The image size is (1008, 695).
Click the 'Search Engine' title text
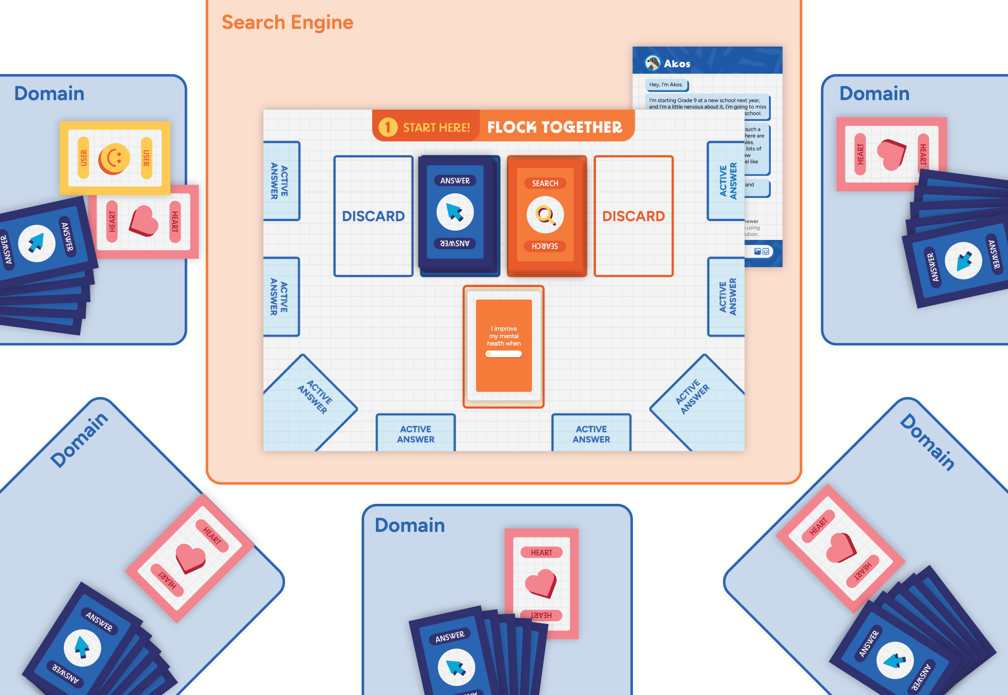tap(287, 23)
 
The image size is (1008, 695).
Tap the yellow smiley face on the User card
tap(114, 159)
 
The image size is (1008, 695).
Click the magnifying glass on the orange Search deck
tap(545, 215)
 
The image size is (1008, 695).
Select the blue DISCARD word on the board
tap(373, 216)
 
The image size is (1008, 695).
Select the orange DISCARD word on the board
tap(633, 216)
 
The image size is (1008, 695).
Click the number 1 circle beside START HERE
tap(388, 127)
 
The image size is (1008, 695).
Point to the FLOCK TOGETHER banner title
tap(554, 127)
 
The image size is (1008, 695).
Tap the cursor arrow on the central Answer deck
tap(455, 212)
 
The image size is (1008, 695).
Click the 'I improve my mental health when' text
tap(504, 336)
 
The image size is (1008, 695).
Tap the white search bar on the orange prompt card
tap(504, 354)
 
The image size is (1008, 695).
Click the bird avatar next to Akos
tap(652, 63)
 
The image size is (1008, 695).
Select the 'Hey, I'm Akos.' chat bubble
tap(666, 84)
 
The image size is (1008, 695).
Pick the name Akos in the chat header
tap(677, 63)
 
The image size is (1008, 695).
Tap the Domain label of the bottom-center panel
tap(409, 525)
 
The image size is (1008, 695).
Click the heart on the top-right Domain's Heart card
tap(891, 154)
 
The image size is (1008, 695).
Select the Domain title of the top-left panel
tap(49, 94)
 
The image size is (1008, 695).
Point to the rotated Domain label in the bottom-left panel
tap(79, 440)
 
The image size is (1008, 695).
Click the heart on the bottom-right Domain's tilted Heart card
tap(841, 548)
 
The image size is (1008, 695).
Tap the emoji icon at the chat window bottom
tap(766, 251)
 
